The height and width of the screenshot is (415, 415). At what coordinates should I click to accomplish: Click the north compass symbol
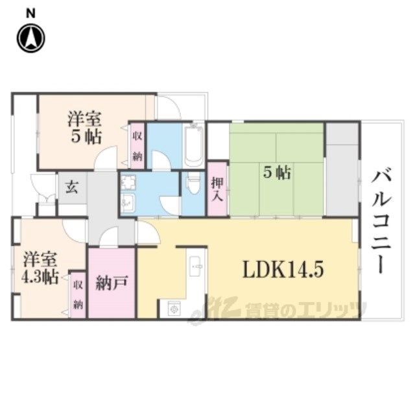click(x=31, y=38)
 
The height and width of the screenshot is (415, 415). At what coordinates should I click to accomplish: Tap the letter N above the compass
click(x=31, y=14)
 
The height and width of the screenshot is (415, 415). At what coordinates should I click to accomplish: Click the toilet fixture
click(x=194, y=183)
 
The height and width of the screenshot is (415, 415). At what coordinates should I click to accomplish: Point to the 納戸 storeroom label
click(x=112, y=283)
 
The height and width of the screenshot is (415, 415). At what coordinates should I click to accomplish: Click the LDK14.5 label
click(x=283, y=269)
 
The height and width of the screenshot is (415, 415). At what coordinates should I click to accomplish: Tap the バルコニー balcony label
click(x=381, y=222)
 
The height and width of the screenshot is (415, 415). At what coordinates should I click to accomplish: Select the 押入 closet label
click(x=217, y=189)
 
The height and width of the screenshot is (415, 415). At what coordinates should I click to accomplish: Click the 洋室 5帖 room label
click(x=85, y=128)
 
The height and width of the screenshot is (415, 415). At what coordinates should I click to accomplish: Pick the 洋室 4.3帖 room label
click(x=40, y=268)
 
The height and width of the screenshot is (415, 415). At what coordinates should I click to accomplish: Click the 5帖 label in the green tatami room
click(x=277, y=173)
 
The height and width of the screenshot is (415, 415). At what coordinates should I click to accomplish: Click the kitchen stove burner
click(x=174, y=309)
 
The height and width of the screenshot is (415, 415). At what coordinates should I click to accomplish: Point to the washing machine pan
click(x=128, y=182)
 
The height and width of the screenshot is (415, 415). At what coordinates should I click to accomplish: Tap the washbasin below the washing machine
click(x=128, y=203)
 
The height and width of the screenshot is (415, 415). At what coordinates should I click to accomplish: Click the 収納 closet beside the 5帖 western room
click(x=137, y=146)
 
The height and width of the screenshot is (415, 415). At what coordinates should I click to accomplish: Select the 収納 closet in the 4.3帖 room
click(x=78, y=295)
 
